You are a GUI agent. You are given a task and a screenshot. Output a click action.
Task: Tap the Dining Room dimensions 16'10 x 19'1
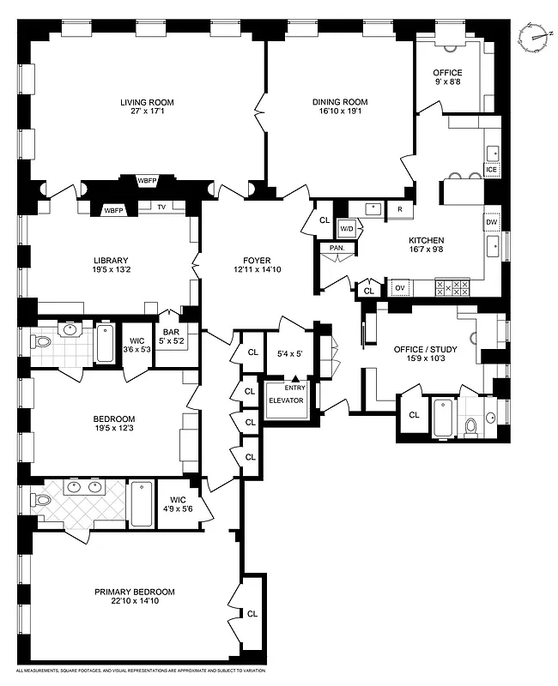tap(339, 113)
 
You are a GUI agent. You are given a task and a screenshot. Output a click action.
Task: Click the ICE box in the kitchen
tap(492, 170)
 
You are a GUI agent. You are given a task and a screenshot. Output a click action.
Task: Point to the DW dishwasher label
tap(492, 222)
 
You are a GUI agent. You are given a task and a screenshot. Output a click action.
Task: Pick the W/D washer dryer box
tap(347, 229)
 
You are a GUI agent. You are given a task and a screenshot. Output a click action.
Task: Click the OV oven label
tap(399, 288)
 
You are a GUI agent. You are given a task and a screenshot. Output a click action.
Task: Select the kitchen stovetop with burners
tap(452, 287)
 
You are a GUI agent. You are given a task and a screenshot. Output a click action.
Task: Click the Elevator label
tap(286, 400)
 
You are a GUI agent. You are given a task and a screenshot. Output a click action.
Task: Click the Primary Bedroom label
tap(135, 592)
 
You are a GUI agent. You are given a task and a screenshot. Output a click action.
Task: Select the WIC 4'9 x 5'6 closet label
tap(179, 503)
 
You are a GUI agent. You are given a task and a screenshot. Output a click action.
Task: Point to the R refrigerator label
tap(399, 208)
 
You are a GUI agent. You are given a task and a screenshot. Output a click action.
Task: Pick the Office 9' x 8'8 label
tap(447, 78)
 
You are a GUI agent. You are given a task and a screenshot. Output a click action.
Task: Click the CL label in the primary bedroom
tap(252, 614)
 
